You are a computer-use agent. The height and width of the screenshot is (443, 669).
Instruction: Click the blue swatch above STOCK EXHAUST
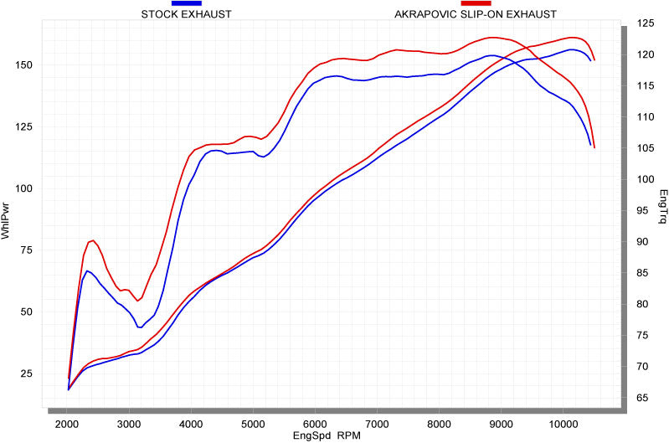click(186, 3)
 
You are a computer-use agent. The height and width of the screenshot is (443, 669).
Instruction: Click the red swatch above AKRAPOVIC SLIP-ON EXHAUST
click(475, 3)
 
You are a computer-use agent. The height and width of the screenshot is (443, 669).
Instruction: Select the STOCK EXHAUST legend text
click(186, 14)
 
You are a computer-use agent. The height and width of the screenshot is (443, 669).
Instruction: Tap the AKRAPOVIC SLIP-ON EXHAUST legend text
click(475, 14)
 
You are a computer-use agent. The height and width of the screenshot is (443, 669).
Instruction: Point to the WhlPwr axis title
click(7, 219)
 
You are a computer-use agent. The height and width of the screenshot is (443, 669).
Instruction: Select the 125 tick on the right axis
click(643, 23)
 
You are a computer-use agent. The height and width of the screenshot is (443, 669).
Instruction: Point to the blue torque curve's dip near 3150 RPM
click(139, 327)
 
